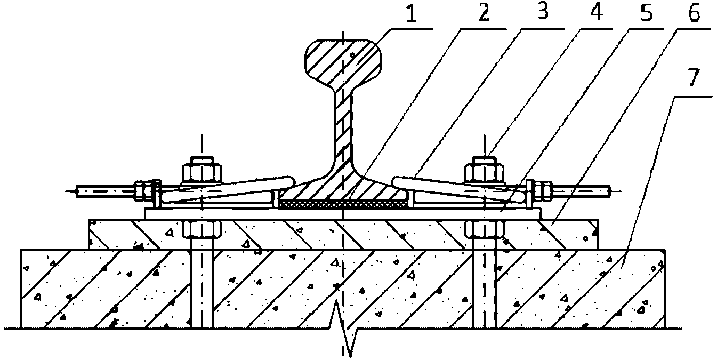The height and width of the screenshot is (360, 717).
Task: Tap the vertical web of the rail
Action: (x=344, y=128)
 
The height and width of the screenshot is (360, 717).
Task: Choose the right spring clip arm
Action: (x=458, y=187)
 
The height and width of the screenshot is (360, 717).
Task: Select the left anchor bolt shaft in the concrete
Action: (x=202, y=288)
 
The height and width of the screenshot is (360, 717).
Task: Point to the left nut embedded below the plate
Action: (x=202, y=230)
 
